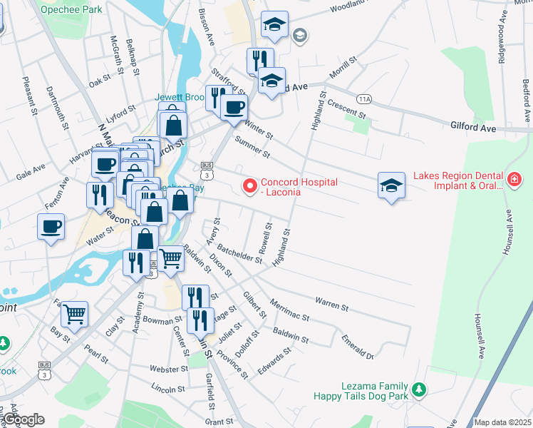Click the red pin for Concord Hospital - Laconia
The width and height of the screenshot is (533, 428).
249,187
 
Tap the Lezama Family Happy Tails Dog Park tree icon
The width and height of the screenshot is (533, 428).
420,389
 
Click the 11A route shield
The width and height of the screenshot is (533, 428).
366,98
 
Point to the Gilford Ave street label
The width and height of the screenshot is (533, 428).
472,126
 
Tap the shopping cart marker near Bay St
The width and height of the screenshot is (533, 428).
74,312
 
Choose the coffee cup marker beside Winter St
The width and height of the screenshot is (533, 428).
234,107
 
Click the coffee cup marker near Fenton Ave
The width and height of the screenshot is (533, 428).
51,226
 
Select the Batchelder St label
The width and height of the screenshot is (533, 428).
239,253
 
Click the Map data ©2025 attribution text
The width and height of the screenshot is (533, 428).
502,422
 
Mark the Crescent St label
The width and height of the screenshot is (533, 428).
346,109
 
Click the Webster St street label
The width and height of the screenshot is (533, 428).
167,369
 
